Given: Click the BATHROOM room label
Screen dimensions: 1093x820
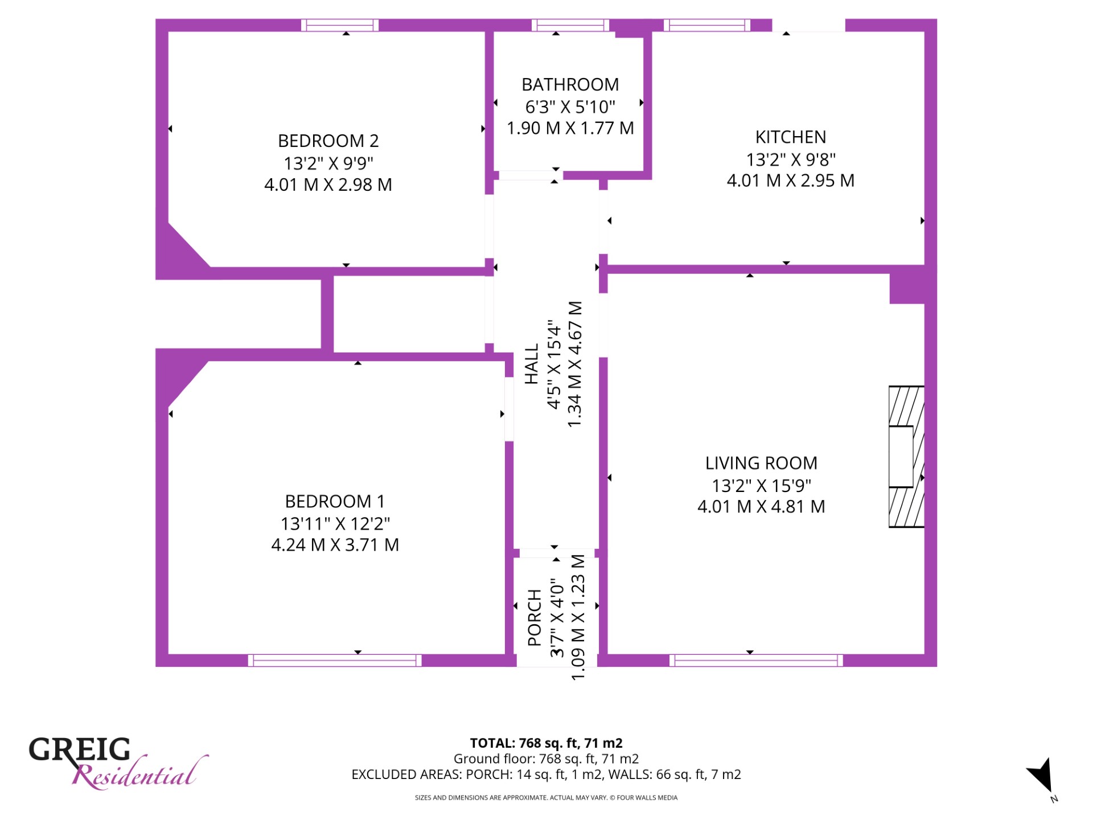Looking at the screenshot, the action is click(x=570, y=85).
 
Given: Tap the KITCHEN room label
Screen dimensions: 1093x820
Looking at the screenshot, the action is click(x=791, y=137).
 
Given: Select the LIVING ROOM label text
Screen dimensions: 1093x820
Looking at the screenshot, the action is click(x=761, y=464).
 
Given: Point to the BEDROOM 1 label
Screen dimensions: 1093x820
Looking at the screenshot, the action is click(x=335, y=502).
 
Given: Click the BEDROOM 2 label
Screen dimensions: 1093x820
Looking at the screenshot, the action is click(x=328, y=141).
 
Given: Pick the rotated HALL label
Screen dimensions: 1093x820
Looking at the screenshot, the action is click(x=531, y=364).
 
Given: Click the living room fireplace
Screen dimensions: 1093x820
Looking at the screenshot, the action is click(x=906, y=457).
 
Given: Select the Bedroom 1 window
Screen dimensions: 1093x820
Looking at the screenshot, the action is click(x=335, y=661).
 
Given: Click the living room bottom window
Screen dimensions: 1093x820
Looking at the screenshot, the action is click(x=756, y=661).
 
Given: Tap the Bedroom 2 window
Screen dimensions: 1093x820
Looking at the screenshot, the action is click(x=340, y=25).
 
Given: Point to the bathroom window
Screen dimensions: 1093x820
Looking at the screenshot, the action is click(x=570, y=25).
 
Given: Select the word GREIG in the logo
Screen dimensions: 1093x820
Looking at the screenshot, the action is click(x=80, y=749).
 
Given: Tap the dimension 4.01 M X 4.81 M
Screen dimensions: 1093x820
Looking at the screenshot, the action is click(x=761, y=507).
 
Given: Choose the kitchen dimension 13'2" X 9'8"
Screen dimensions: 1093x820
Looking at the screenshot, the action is click(x=791, y=159).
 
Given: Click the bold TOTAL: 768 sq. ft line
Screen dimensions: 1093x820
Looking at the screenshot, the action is click(x=546, y=743).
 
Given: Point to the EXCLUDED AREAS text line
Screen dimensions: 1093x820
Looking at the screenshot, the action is click(x=546, y=774).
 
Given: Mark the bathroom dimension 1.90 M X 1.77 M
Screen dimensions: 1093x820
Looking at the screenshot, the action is click(x=570, y=128).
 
